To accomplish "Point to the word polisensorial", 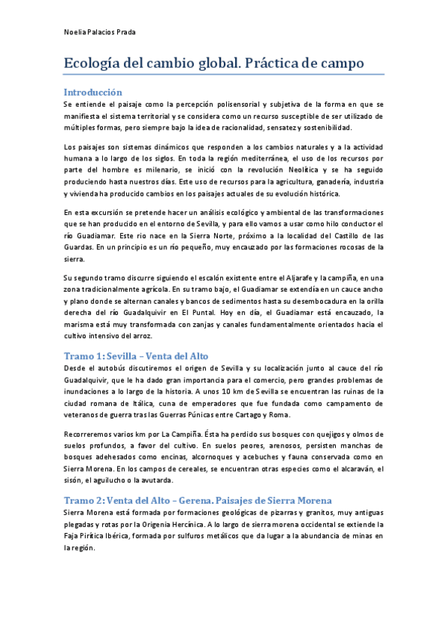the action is click(x=223, y=105).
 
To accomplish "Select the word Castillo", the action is click(x=328, y=236).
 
